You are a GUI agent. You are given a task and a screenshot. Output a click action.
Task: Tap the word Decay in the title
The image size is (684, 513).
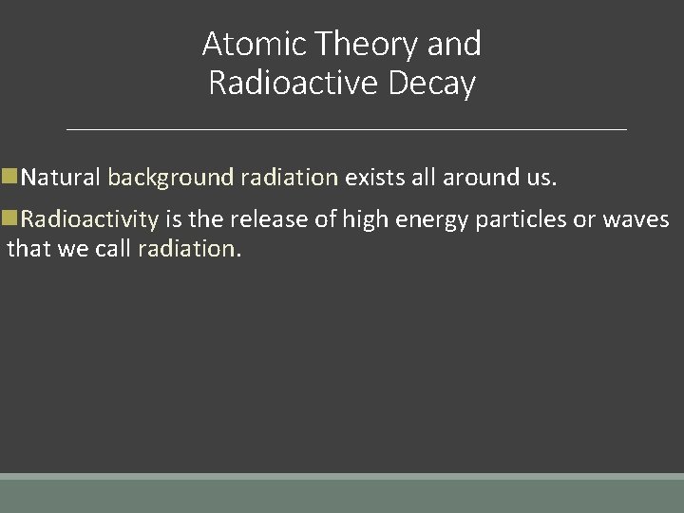click(x=432, y=84)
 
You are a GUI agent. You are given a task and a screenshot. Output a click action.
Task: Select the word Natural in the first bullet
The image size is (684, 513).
click(x=61, y=178)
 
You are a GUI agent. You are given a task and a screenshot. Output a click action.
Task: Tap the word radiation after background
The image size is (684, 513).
click(x=289, y=178)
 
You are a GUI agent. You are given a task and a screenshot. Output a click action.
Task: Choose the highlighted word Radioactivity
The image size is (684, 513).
click(x=89, y=219)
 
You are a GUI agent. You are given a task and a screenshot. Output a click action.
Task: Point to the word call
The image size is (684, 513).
click(x=113, y=249)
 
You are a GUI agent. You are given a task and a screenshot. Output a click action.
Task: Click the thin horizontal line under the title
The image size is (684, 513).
click(x=347, y=128)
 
